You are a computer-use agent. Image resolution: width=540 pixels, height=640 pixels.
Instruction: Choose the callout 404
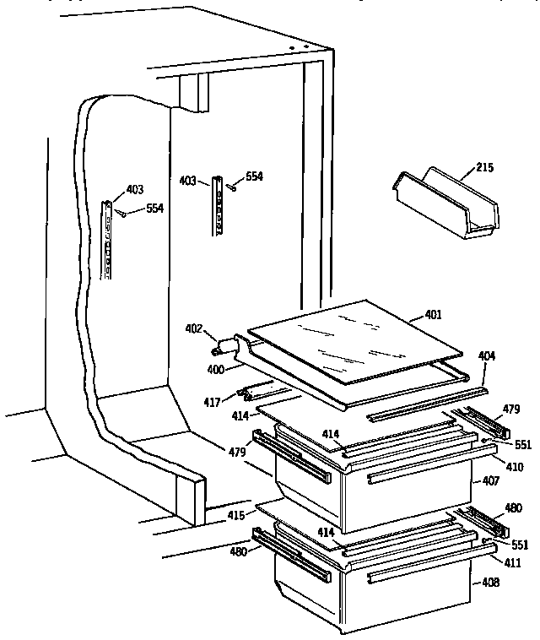(488, 357)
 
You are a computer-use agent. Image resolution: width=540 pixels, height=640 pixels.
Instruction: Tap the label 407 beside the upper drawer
(490, 482)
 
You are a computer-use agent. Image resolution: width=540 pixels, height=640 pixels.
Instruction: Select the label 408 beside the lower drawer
(490, 582)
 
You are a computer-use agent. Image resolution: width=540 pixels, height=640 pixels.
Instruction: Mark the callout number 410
(514, 467)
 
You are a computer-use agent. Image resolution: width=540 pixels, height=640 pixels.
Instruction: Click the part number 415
(235, 514)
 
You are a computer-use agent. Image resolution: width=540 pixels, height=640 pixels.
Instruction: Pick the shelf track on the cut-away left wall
(107, 240)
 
